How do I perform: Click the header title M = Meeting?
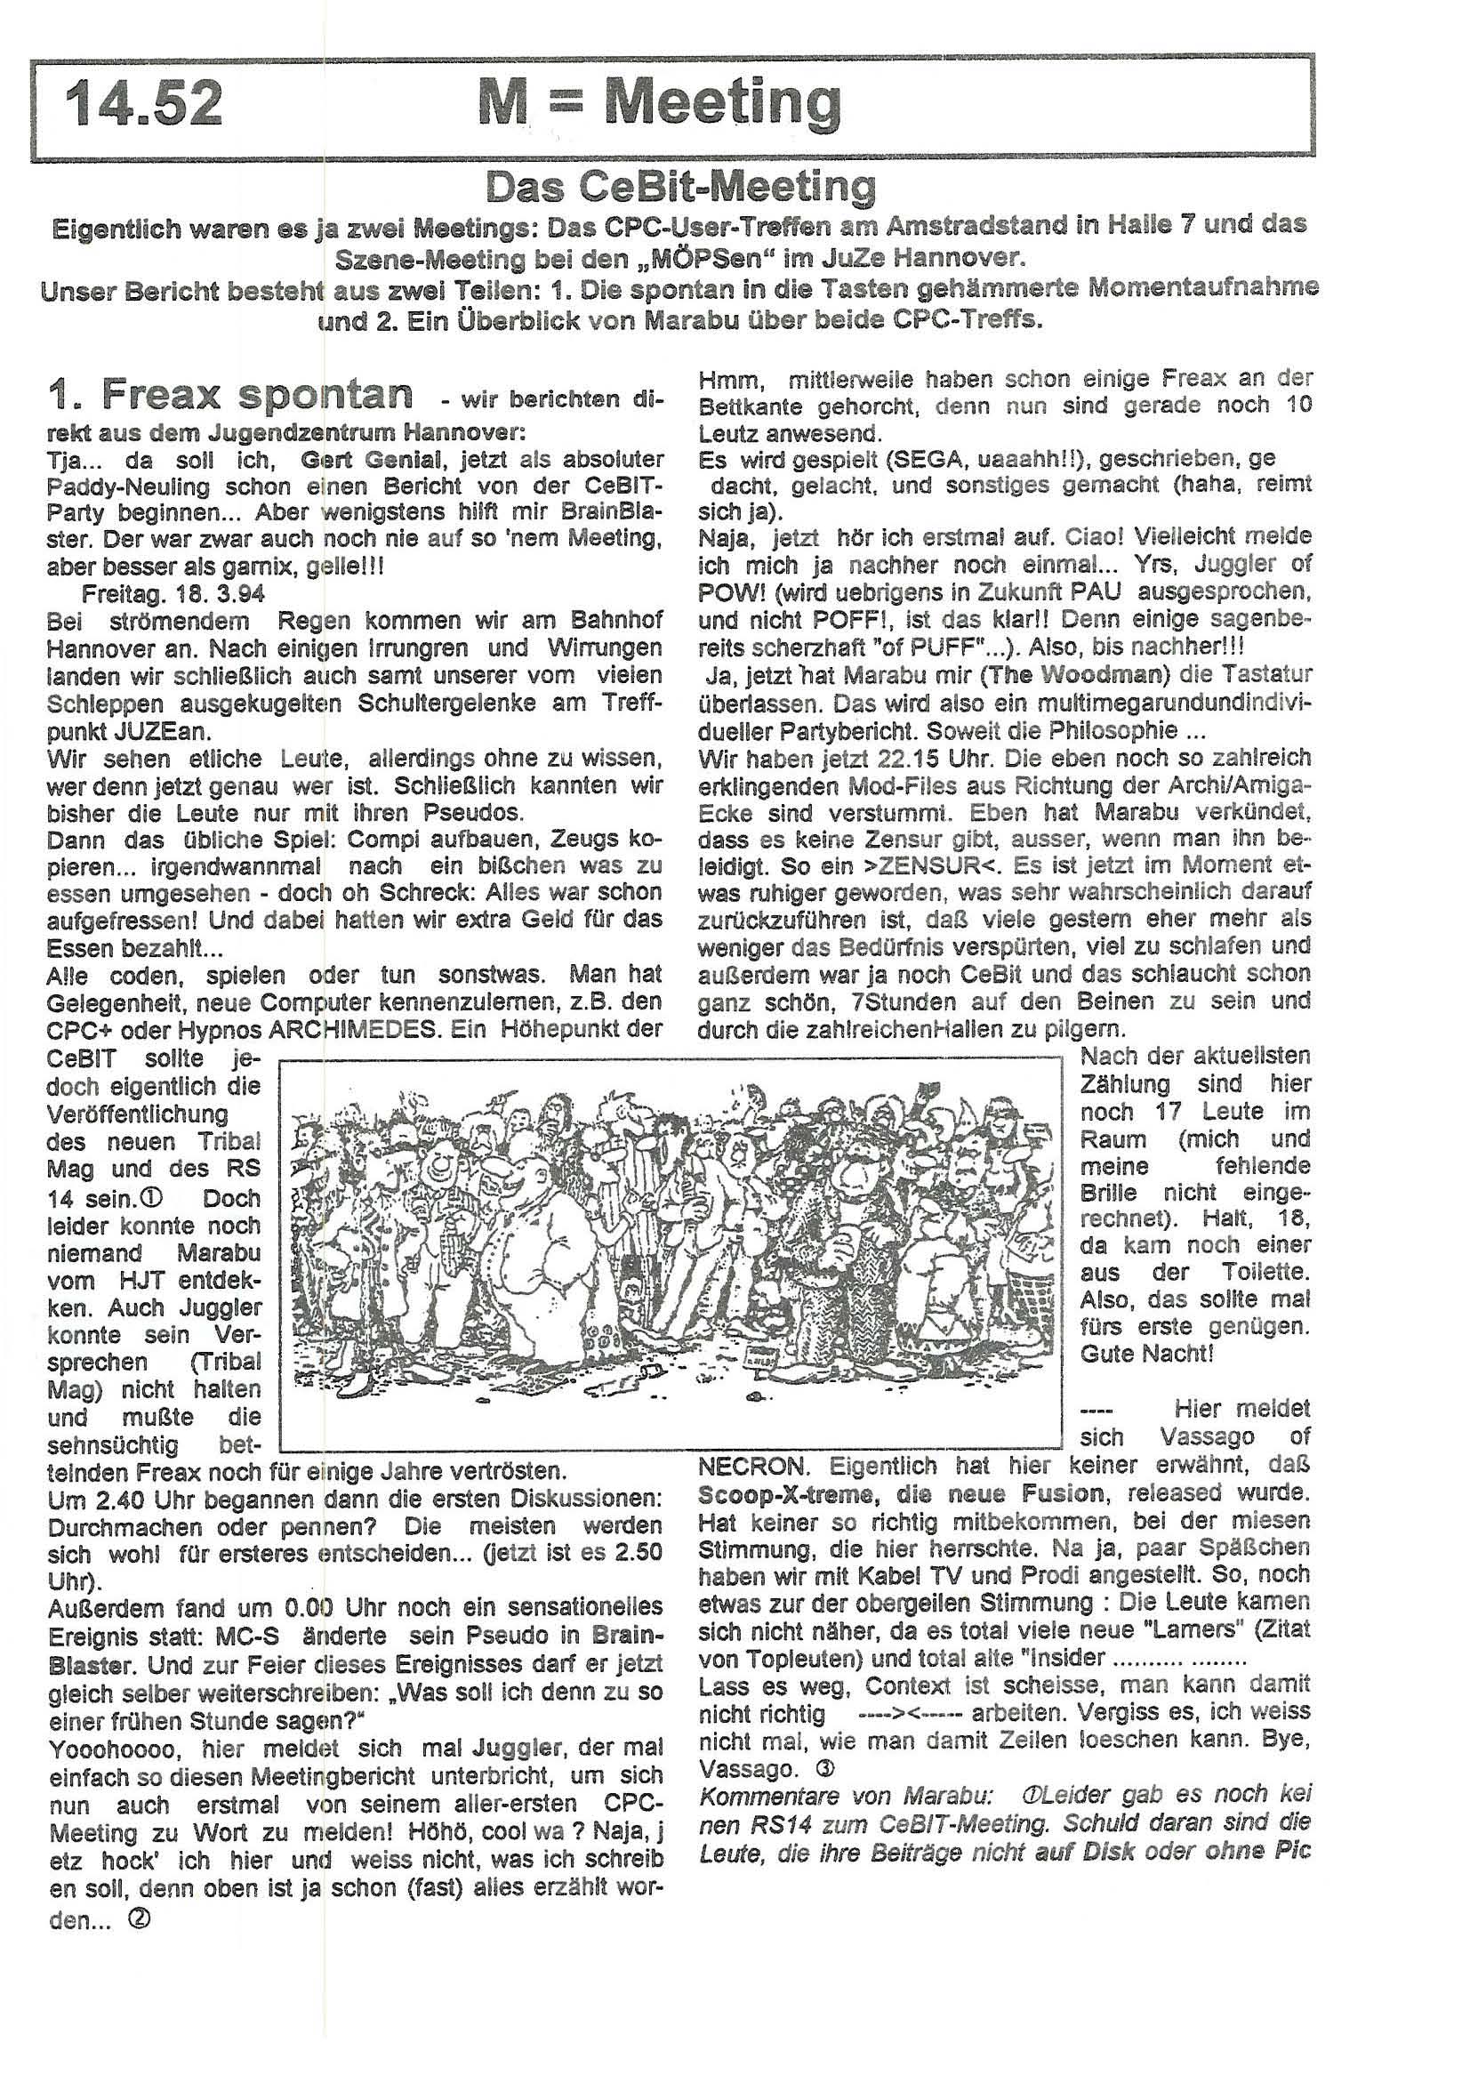pos(658,103)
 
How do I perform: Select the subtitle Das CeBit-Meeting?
pos(680,188)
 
